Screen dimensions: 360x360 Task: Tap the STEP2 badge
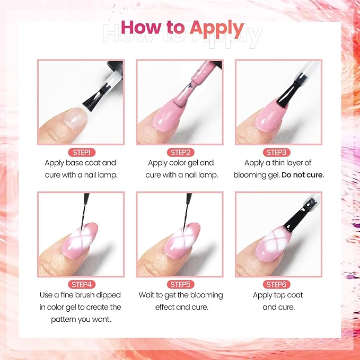(180, 152)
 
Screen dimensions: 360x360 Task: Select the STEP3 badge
(279, 152)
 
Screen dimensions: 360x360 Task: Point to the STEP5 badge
(180, 285)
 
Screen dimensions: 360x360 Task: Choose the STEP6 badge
(279, 285)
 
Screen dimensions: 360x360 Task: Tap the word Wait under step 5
(148, 295)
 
